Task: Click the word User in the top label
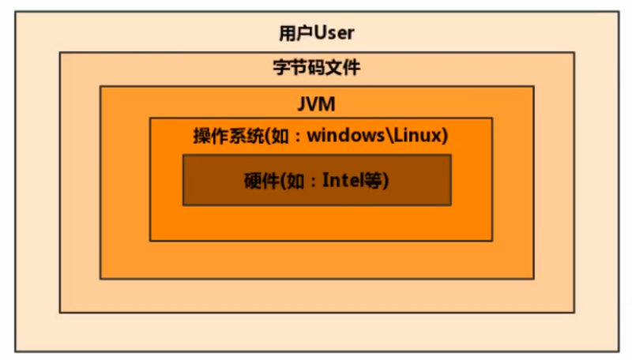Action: coord(335,33)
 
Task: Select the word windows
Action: coord(344,136)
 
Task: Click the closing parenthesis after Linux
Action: coord(445,136)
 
